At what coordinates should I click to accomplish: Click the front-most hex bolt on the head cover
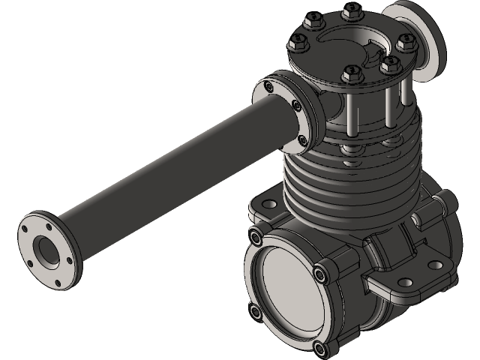click(x=348, y=74)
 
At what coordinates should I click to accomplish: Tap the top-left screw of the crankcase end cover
click(x=257, y=238)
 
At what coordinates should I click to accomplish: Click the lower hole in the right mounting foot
click(x=406, y=283)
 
